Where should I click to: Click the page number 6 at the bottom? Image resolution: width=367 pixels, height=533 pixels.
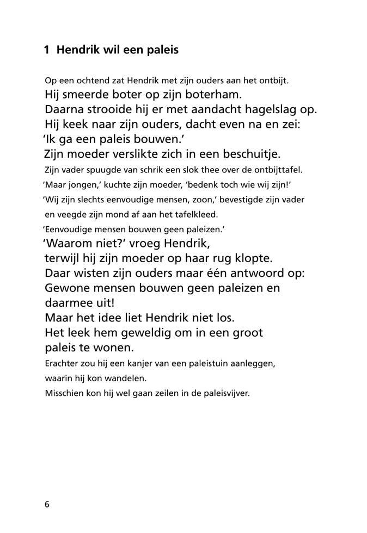point(47,504)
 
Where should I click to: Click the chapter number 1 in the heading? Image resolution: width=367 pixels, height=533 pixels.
point(47,50)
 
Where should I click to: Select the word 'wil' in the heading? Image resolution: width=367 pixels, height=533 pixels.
point(107,50)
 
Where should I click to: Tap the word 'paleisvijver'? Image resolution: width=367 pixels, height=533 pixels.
point(225,392)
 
